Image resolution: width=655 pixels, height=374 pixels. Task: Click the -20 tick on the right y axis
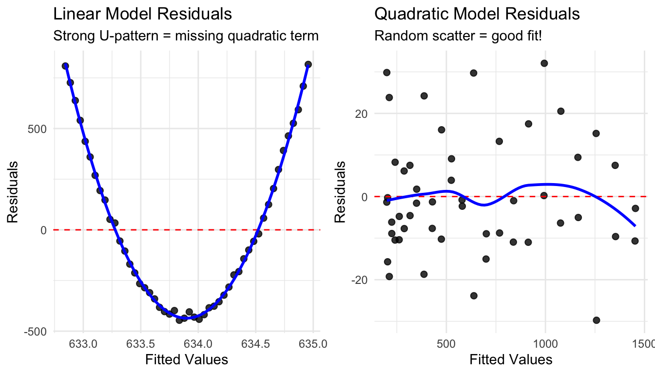(360, 280)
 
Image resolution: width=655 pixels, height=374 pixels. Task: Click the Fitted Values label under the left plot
(187, 359)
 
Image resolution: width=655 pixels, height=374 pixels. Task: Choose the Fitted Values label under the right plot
(511, 359)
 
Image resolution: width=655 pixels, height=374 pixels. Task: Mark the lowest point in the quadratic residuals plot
(596, 320)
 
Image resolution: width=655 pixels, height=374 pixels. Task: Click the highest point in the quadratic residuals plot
(544, 63)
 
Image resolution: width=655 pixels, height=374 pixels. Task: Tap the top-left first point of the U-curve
(65, 66)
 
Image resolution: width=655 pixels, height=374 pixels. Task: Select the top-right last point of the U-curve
(308, 64)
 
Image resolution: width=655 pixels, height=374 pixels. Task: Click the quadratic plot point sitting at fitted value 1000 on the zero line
(544, 195)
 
